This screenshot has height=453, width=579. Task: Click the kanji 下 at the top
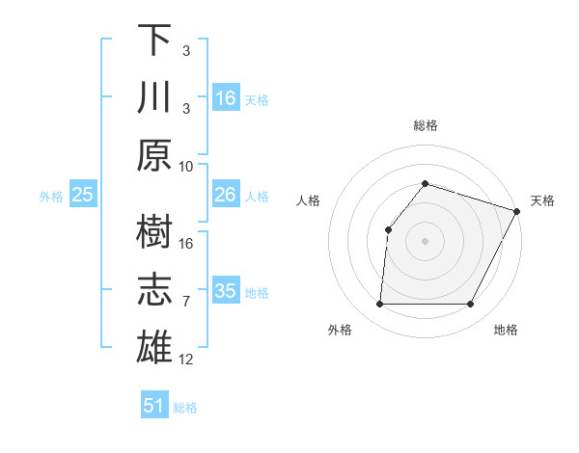(154, 41)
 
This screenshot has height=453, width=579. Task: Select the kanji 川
(154, 96)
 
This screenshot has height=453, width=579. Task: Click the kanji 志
(154, 289)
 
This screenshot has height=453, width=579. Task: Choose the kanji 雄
(154, 346)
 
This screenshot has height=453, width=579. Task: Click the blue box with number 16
(225, 98)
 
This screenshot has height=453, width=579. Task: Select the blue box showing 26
(225, 196)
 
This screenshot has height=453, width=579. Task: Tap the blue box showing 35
(225, 291)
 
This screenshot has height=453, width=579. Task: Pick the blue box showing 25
(83, 196)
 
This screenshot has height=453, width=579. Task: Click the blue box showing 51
(154, 406)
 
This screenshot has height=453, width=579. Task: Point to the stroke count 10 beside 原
(186, 166)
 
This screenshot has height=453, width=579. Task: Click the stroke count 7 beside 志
(186, 302)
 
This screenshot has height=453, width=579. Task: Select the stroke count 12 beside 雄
(186, 360)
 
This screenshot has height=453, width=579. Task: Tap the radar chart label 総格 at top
(425, 126)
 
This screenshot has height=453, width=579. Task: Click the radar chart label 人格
(309, 200)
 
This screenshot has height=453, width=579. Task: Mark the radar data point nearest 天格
(517, 210)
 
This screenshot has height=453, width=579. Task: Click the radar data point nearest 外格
(379, 305)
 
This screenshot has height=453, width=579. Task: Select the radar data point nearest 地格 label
(471, 305)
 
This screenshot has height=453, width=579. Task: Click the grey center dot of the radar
(425, 240)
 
